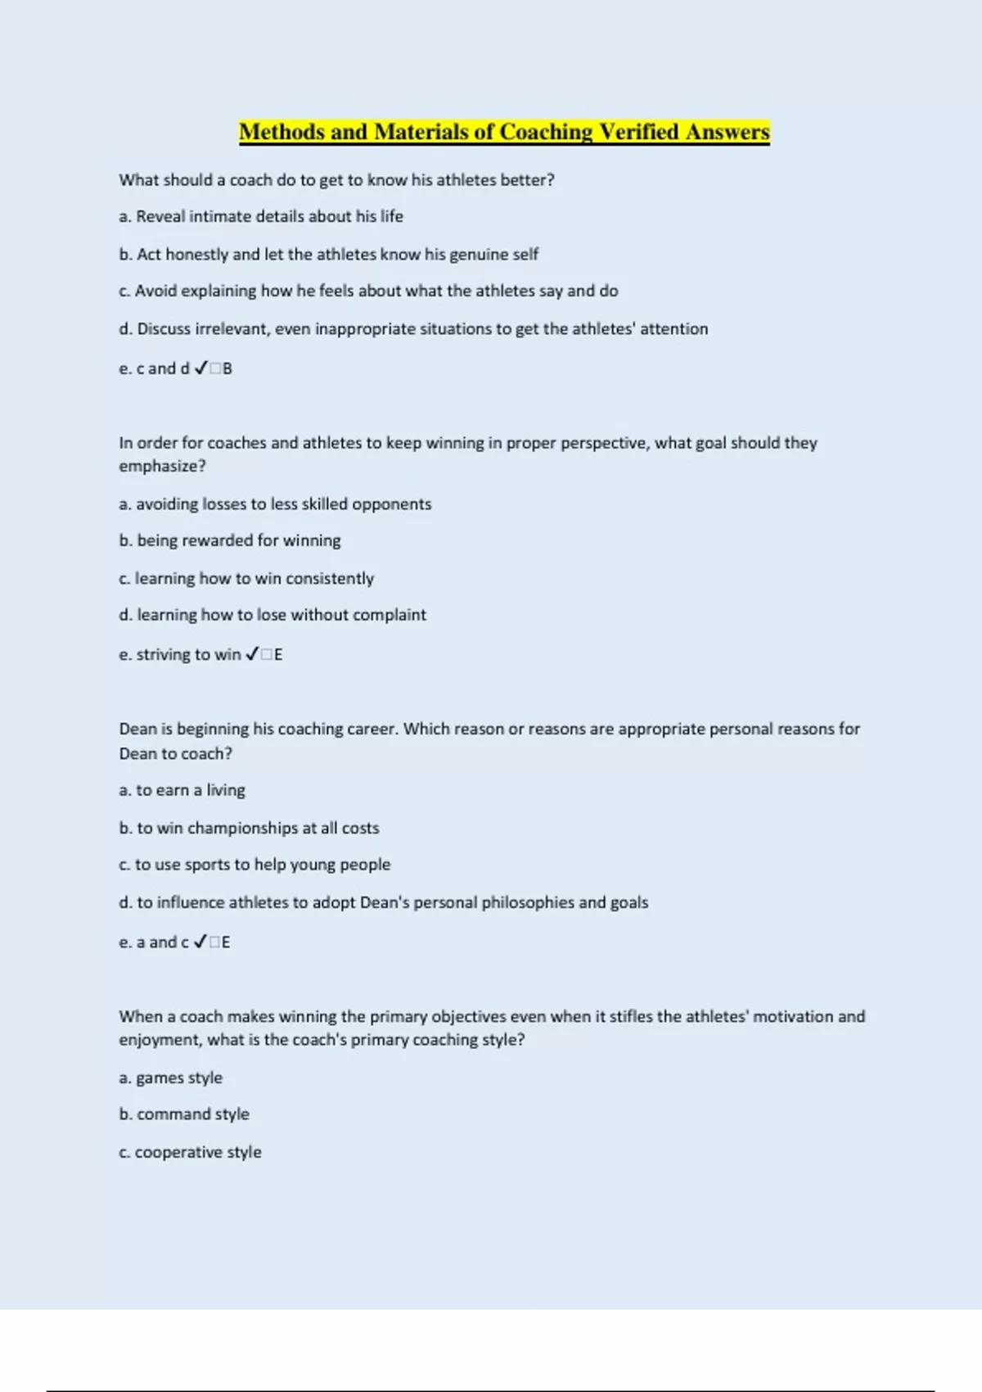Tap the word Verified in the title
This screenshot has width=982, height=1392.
[639, 132]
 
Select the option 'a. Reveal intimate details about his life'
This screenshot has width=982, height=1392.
[261, 216]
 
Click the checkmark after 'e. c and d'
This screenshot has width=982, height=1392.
[200, 368]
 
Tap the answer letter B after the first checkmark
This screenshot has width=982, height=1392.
[227, 368]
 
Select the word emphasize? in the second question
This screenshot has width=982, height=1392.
[162, 466]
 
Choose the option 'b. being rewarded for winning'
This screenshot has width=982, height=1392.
[230, 540]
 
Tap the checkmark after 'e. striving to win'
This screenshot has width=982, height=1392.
[252, 654]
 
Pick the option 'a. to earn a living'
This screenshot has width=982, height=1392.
[182, 790]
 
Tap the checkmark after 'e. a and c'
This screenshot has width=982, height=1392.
[200, 942]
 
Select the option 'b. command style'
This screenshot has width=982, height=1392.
[184, 1114]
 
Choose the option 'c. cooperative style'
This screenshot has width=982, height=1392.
[190, 1152]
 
